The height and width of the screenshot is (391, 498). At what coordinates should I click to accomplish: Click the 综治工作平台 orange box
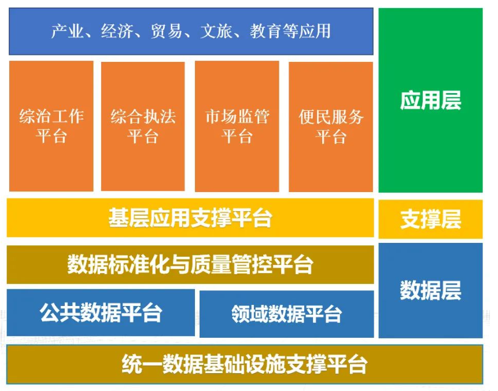51,126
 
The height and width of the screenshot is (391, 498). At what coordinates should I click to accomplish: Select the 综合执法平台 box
143,127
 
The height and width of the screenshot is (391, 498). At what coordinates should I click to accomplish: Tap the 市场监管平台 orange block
237,127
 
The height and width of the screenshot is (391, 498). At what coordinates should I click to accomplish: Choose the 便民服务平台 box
331,127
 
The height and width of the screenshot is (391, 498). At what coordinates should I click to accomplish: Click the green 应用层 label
430,101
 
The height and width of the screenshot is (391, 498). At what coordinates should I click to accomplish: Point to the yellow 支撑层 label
430,219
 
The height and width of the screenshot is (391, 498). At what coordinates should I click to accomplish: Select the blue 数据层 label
430,290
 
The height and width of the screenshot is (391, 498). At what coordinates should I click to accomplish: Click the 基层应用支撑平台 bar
190,218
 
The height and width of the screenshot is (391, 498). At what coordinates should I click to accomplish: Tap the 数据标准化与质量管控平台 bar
190,264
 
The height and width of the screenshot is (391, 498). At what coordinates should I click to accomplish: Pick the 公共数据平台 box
101,312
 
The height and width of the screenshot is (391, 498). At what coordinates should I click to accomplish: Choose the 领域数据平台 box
286,314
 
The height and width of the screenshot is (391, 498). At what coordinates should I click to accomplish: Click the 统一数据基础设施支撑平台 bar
245,364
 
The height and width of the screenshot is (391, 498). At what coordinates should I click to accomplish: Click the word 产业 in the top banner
67,31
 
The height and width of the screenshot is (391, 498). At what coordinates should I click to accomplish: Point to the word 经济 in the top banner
117,31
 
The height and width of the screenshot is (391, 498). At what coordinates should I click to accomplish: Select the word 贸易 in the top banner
166,31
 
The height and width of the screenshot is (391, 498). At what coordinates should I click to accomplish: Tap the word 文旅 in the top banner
216,31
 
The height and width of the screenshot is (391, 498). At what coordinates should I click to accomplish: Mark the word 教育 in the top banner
265,31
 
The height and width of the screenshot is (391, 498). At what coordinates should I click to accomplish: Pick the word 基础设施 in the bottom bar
245,364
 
